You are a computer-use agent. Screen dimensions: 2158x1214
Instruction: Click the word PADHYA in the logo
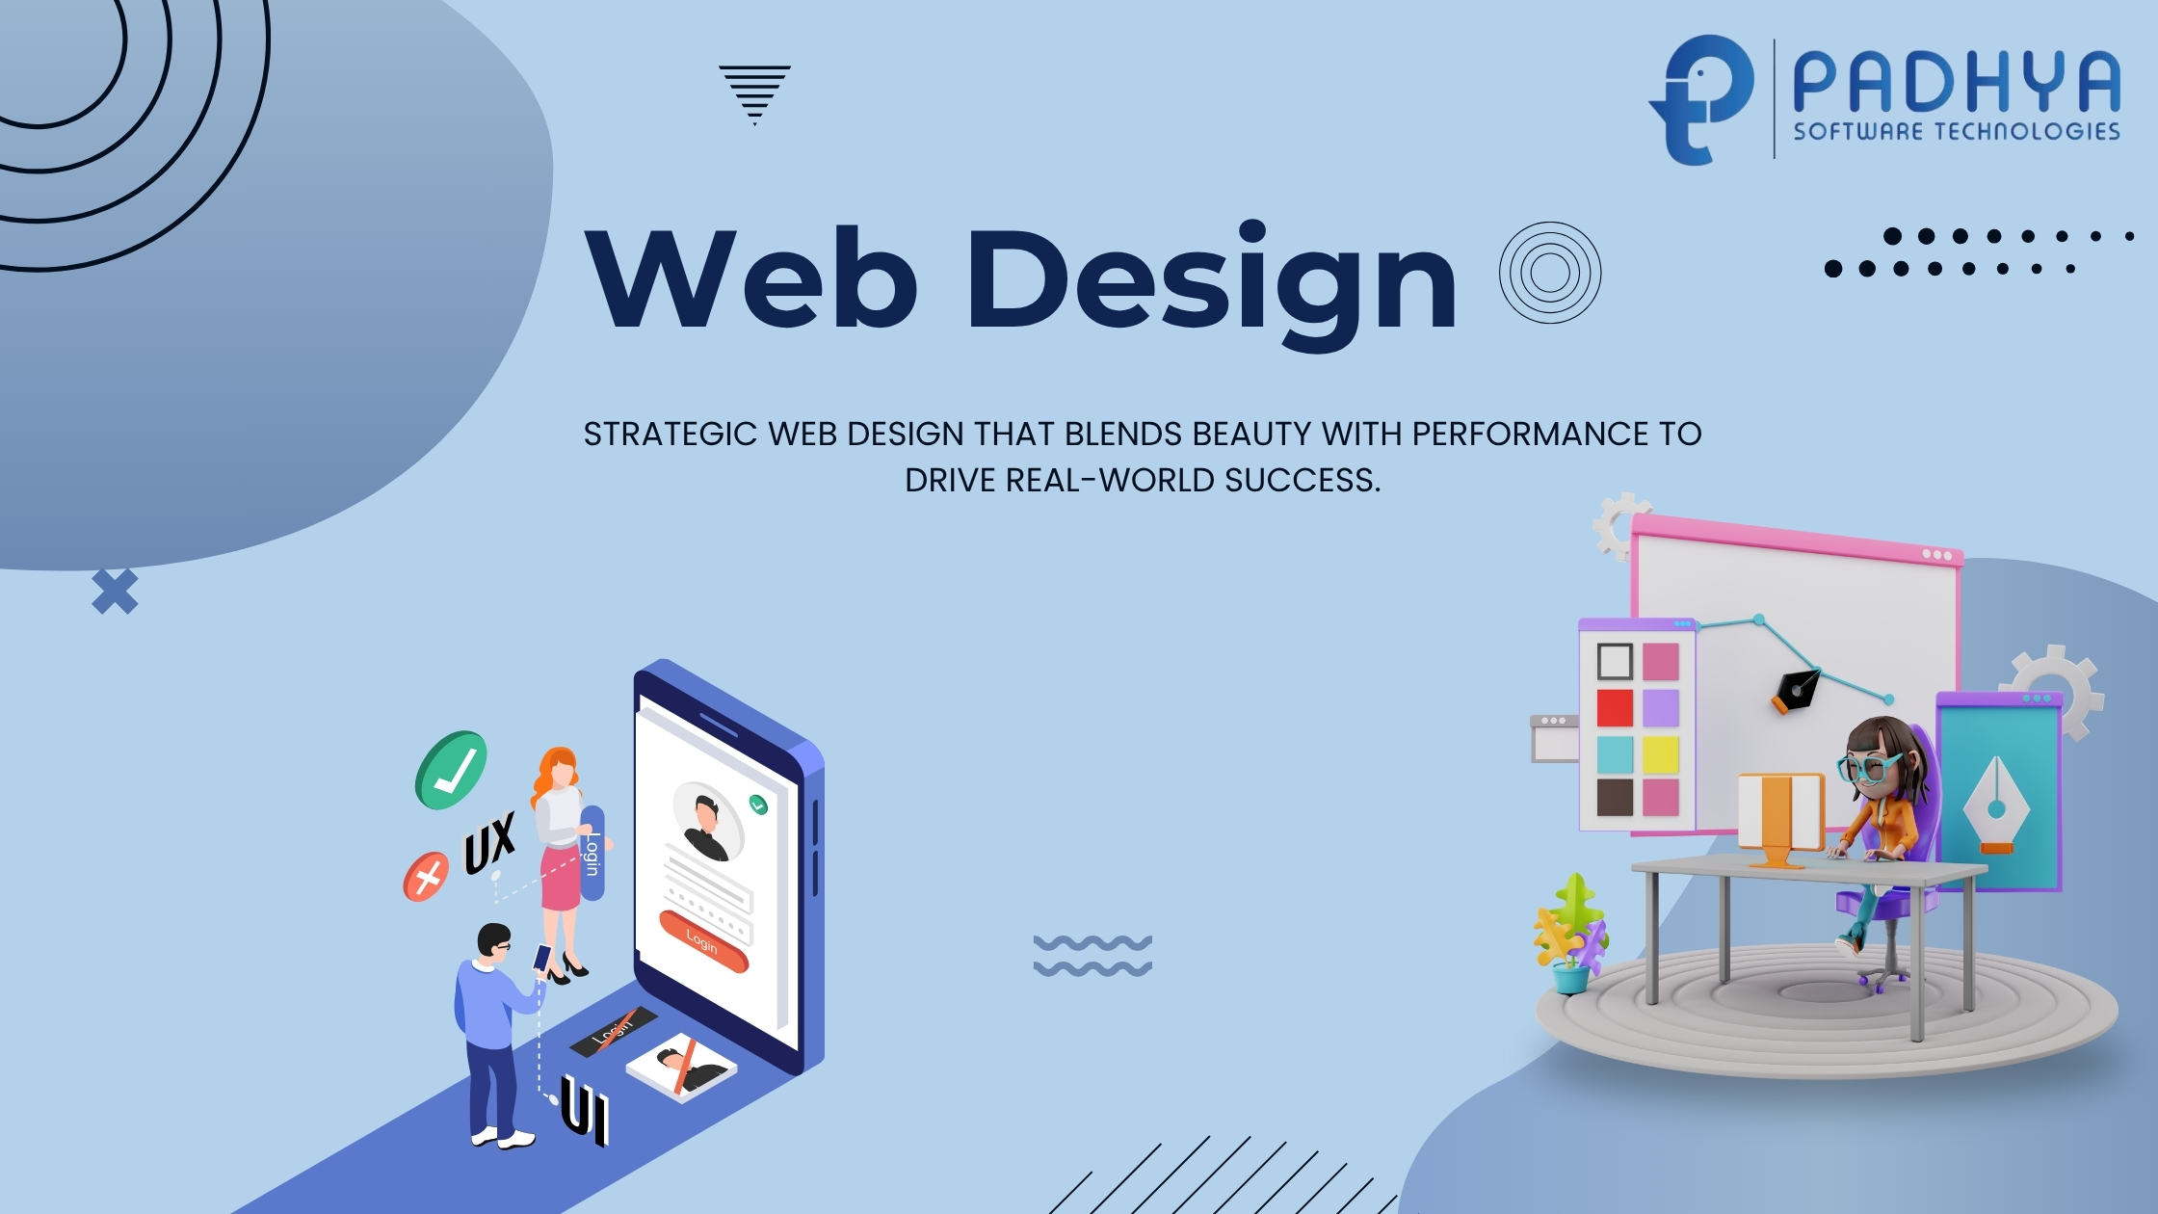point(1957,83)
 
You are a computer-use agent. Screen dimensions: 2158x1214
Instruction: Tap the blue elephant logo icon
point(1701,100)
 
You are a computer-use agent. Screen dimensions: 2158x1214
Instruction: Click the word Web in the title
point(751,279)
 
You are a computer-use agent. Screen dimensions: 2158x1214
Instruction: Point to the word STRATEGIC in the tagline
point(671,435)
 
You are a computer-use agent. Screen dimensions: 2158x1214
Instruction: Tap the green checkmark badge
point(451,771)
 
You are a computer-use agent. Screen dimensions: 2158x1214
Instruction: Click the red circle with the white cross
point(426,877)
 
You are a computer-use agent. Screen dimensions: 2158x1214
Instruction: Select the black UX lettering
point(489,842)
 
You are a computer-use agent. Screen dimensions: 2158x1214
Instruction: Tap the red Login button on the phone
point(703,941)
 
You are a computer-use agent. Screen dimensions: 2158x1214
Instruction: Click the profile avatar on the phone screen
point(708,822)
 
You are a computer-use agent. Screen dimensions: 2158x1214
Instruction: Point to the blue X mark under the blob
point(115,592)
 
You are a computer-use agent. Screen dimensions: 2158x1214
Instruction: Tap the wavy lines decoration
point(1092,956)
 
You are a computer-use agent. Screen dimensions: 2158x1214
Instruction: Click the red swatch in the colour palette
point(1615,708)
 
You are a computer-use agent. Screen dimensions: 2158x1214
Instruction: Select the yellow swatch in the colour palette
point(1661,754)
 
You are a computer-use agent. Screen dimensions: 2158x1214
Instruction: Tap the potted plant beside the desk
point(1570,934)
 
